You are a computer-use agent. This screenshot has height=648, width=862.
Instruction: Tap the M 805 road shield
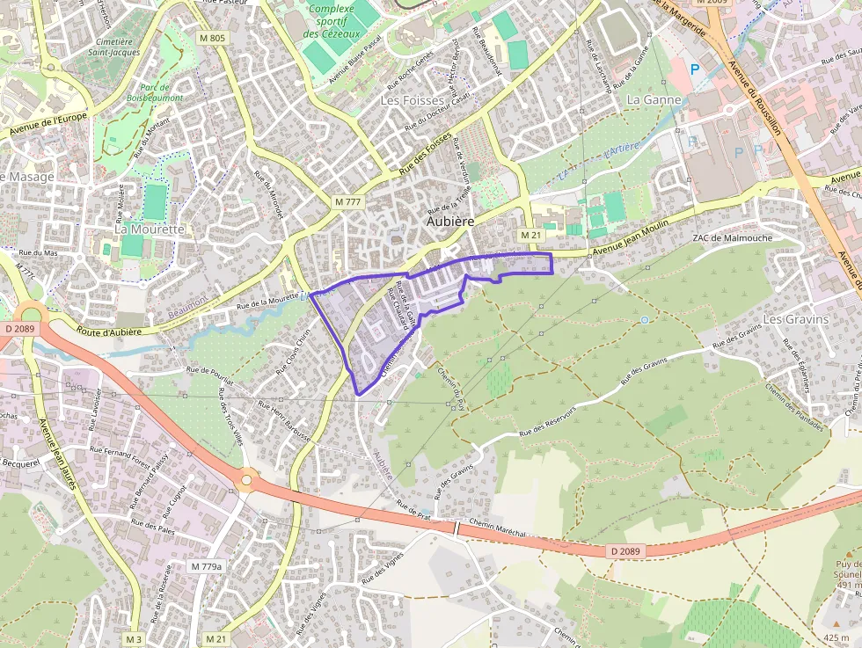[x=212, y=38]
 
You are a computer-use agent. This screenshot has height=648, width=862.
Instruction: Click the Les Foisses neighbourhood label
[x=413, y=101]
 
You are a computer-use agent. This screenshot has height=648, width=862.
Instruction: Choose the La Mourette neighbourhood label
[x=150, y=229]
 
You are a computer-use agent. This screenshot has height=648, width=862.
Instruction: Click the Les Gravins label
[x=796, y=319]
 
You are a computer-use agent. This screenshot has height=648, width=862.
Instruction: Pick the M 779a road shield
[x=207, y=566]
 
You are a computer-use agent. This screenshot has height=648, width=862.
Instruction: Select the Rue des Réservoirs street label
[x=547, y=421]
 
